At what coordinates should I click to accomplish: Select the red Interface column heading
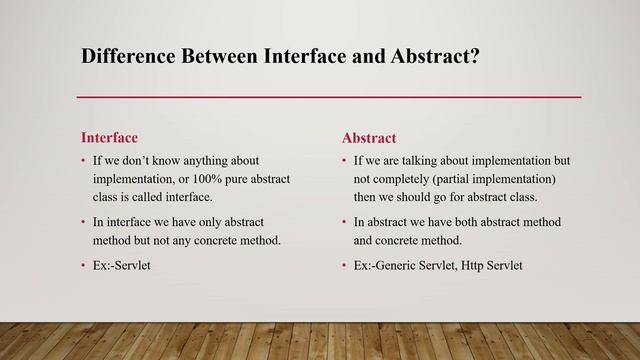(x=109, y=137)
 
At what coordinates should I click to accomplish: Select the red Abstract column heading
(x=369, y=137)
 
